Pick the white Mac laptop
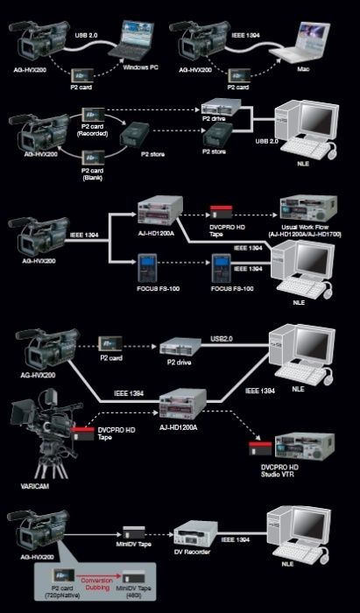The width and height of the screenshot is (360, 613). pyautogui.click(x=307, y=42)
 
